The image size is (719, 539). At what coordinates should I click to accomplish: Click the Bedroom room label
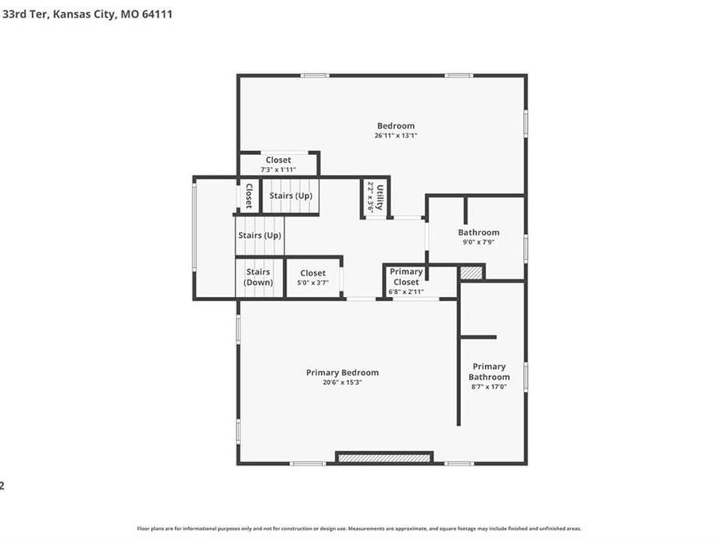click(395, 125)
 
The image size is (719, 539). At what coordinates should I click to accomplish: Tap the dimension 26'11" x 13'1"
click(395, 136)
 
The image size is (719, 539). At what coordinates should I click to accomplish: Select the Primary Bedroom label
click(342, 372)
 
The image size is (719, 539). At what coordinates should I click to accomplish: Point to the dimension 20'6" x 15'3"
click(342, 382)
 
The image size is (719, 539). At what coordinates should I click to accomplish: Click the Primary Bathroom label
click(489, 372)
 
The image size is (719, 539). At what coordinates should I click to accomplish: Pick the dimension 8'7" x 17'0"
click(489, 387)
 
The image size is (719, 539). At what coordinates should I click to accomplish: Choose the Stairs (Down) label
click(259, 277)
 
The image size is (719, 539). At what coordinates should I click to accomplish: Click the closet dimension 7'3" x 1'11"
click(278, 170)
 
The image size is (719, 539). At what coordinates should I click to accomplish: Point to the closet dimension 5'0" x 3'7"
click(313, 283)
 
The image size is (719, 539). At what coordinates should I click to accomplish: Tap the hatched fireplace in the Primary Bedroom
click(384, 458)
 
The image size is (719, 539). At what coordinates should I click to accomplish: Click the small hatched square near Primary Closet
click(471, 272)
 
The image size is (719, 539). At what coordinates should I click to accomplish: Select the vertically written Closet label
click(248, 196)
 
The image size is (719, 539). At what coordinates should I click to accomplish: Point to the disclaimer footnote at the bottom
click(359, 529)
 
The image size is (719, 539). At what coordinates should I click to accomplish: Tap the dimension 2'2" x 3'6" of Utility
click(370, 196)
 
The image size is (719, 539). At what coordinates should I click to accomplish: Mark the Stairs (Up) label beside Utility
click(291, 196)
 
